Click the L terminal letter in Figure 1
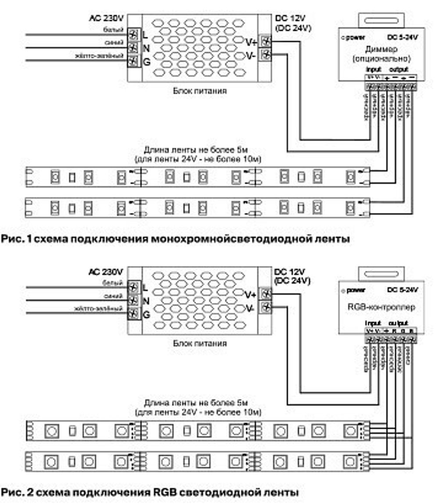coord(145,33)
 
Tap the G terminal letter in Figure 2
coord(146,315)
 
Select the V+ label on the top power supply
coord(251,42)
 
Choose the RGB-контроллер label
coord(381,307)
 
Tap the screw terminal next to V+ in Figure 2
coord(266,294)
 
